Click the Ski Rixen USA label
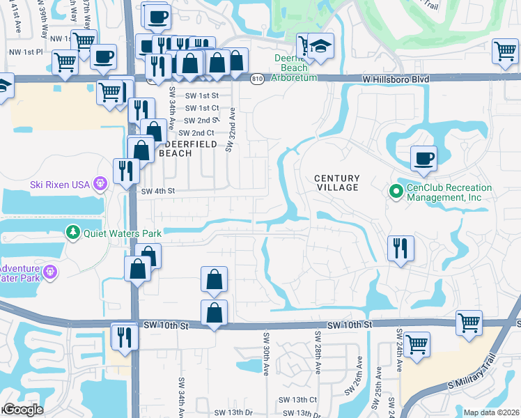click(x=61, y=185)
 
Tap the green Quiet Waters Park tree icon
click(x=72, y=232)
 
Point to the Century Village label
click(x=336, y=183)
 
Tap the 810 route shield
click(x=257, y=79)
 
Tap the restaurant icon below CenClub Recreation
click(x=401, y=248)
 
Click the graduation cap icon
click(x=320, y=46)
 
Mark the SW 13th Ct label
click(x=297, y=400)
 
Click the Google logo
click(x=23, y=410)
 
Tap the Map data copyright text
click(x=491, y=412)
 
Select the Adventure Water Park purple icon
click(x=49, y=271)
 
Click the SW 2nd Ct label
click(x=195, y=133)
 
